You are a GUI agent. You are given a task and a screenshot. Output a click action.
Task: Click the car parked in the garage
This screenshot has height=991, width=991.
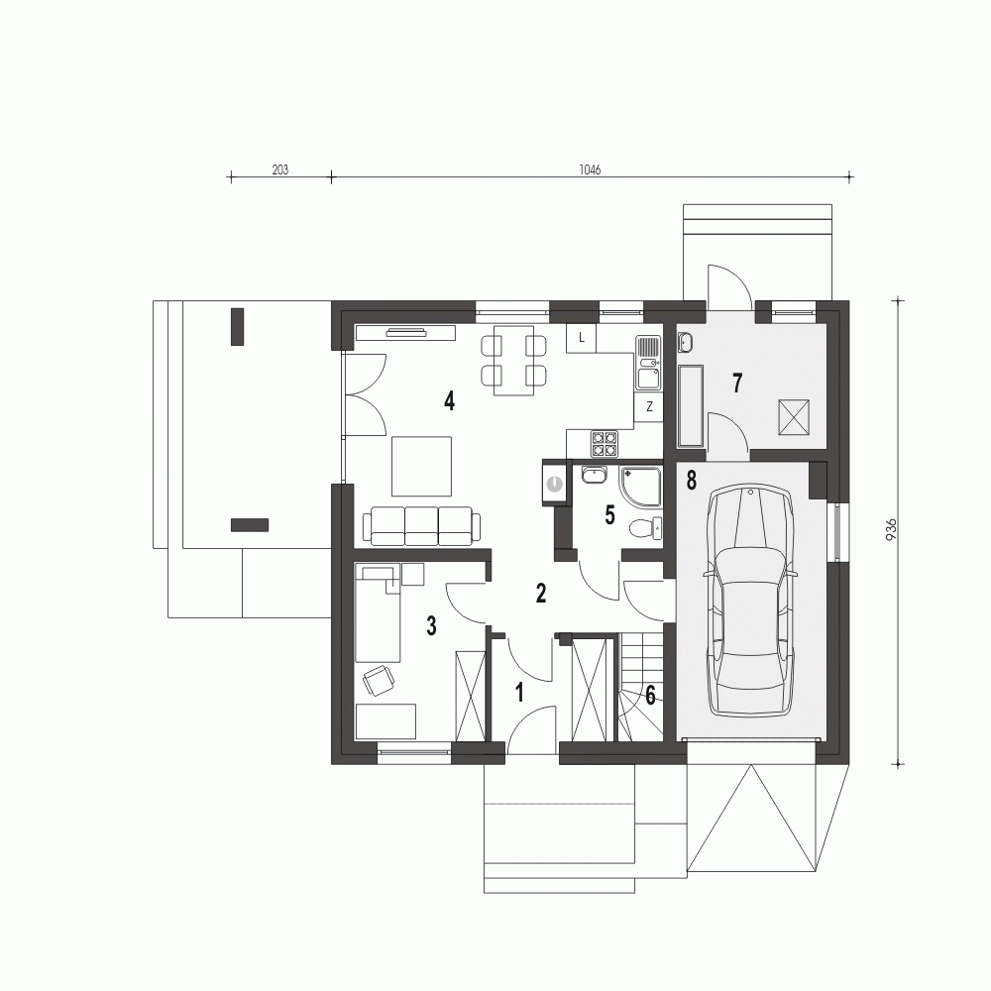coord(749,601)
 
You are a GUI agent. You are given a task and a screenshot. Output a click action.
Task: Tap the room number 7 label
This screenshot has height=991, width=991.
coord(737,383)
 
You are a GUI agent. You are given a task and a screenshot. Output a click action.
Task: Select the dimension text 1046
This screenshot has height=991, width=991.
coord(590,169)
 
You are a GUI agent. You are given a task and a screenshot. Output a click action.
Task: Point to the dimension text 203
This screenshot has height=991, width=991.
coord(280,169)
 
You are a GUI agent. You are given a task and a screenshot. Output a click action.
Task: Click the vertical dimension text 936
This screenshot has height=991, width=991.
coord(891,529)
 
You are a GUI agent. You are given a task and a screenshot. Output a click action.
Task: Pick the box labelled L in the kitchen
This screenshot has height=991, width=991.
coord(582,338)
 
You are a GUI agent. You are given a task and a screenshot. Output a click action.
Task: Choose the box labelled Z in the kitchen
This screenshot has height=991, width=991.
coord(649,407)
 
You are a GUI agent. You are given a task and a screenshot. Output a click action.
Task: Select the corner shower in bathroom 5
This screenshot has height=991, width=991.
coord(640,488)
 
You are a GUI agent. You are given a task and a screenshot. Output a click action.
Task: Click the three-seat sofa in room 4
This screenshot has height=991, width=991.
coord(421,526)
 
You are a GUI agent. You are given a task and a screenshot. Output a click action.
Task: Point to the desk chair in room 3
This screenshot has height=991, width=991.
coord(379,680)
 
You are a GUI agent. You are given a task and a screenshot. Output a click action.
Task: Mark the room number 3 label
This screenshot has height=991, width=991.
coord(431,625)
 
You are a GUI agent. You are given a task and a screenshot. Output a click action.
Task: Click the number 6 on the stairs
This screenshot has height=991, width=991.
coord(650,696)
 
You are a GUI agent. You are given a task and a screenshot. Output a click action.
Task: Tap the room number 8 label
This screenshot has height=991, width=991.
coord(691,481)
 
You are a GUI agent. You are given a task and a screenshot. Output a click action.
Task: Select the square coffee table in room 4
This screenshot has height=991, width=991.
coord(421,466)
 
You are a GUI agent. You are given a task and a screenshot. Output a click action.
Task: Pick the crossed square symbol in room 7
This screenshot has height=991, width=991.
coord(794,417)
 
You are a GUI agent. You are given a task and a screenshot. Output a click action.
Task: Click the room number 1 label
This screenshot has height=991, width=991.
coord(519,693)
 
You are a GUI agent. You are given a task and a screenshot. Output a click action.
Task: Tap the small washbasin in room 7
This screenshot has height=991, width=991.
coord(686,342)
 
